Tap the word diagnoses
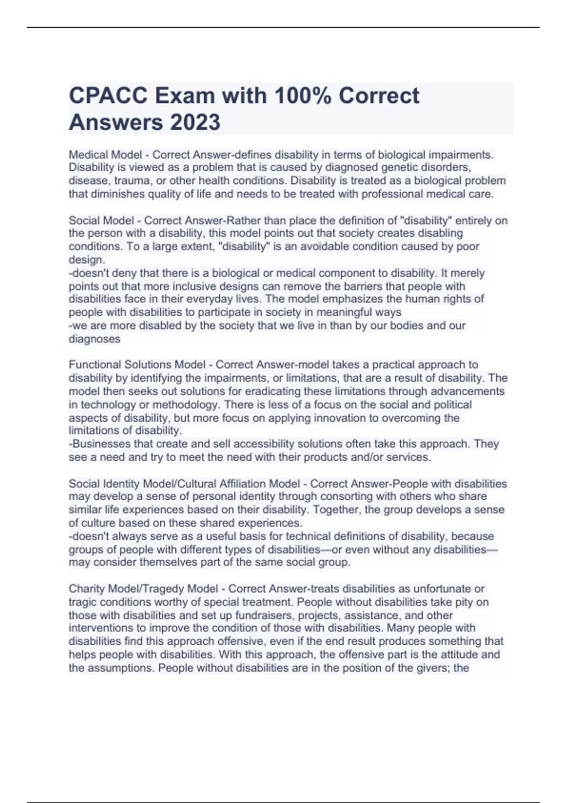tap(94, 339)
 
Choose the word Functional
tap(95, 365)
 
